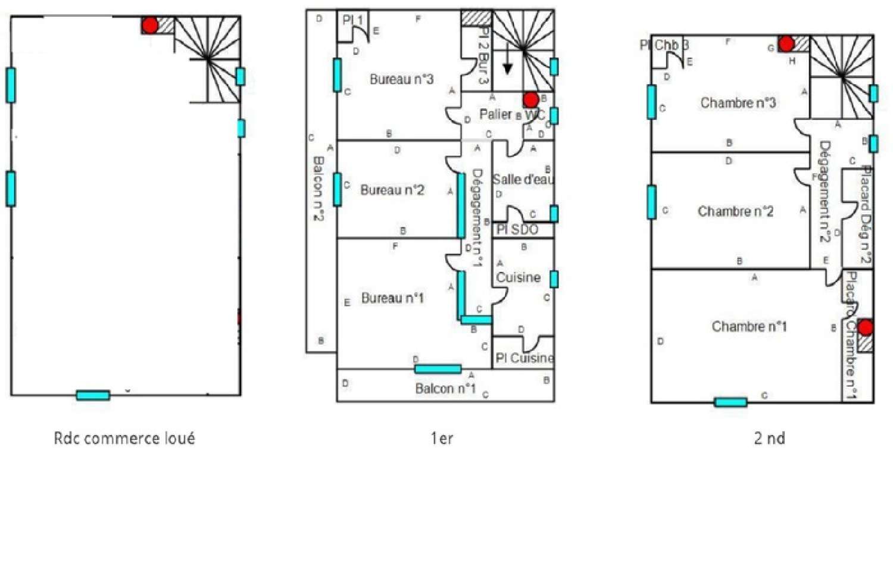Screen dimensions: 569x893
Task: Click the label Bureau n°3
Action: click(x=401, y=79)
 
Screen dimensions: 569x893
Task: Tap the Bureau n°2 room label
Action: click(x=392, y=190)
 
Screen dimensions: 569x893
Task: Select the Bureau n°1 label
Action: click(x=392, y=298)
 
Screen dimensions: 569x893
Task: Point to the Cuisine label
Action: click(x=518, y=277)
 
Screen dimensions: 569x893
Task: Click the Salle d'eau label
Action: click(x=523, y=179)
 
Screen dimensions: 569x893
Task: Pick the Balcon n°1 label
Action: click(x=445, y=389)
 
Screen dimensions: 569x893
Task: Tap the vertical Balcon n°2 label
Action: click(x=319, y=188)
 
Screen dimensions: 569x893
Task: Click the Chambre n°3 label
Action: click(x=738, y=103)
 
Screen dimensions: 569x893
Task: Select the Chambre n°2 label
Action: click(x=735, y=211)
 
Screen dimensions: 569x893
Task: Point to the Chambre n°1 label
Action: click(x=749, y=326)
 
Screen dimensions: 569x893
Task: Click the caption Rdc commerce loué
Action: click(x=124, y=439)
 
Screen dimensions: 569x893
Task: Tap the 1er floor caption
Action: click(x=442, y=439)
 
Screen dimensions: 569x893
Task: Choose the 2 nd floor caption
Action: click(x=769, y=439)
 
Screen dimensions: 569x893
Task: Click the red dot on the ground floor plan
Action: click(x=150, y=26)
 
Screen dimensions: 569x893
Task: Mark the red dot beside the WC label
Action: click(x=531, y=100)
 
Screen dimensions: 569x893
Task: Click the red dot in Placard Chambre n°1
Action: click(x=865, y=327)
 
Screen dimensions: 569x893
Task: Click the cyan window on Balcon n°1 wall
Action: click(x=438, y=369)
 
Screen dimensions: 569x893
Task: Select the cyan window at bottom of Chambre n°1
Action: click(x=730, y=402)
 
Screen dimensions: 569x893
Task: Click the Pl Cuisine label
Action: click(x=524, y=358)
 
